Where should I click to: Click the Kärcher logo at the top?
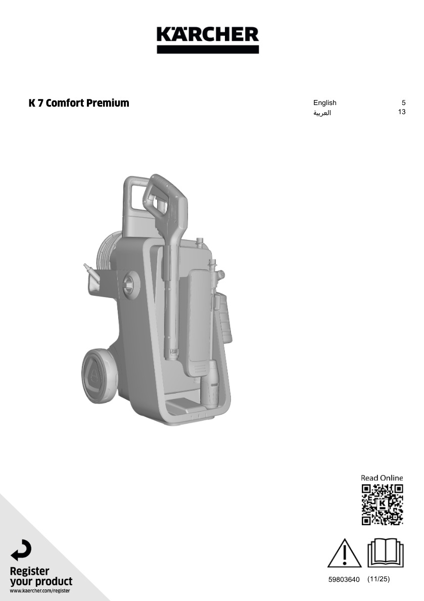(x=208, y=39)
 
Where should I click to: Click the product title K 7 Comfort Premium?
(x=79, y=103)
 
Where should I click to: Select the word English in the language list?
(x=325, y=103)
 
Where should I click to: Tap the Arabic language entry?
(x=322, y=113)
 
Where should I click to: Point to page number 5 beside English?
(x=403, y=103)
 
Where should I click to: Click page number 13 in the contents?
(x=402, y=112)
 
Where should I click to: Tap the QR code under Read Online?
(x=382, y=505)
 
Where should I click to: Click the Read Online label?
(x=382, y=478)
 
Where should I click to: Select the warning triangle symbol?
(x=344, y=553)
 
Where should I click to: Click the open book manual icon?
(x=385, y=553)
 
